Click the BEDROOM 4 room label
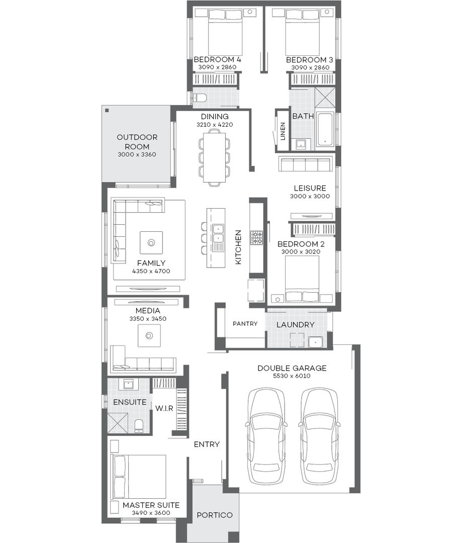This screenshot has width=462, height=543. (217, 60)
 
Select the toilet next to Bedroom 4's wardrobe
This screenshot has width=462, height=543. (200, 98)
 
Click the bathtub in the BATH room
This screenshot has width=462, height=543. (325, 129)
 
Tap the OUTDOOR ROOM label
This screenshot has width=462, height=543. (137, 142)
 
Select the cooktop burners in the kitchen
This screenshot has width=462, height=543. (257, 238)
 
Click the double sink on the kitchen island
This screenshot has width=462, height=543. (218, 233)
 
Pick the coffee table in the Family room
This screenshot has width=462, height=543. (151, 243)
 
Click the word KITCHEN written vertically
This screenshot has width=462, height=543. (238, 247)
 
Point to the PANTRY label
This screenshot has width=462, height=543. (245, 324)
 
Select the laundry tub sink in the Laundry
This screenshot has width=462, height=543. (316, 342)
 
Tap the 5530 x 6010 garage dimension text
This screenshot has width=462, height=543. (292, 376)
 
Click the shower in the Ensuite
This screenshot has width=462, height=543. (118, 422)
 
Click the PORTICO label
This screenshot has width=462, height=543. (214, 515)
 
